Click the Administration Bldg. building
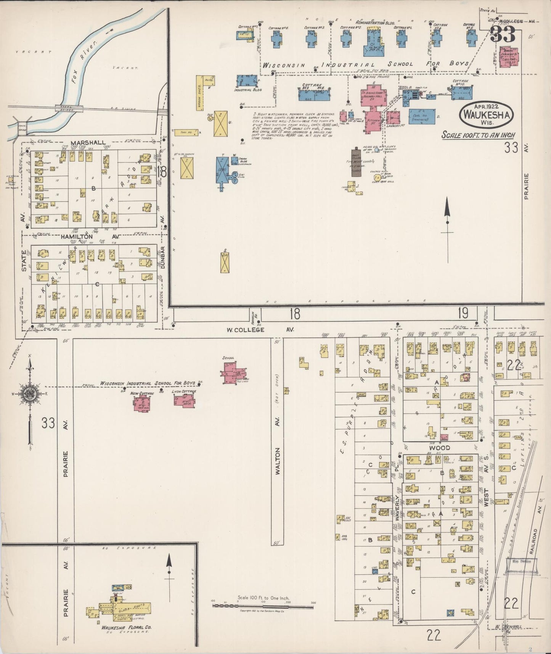pyautogui.click(x=376, y=42)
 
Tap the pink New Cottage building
pyautogui.click(x=142, y=403)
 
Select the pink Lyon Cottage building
pyautogui.click(x=184, y=400)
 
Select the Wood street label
pyautogui.click(x=439, y=448)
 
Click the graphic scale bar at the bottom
pyautogui.click(x=263, y=606)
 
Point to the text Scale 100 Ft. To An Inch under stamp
pyautogui.click(x=479, y=135)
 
